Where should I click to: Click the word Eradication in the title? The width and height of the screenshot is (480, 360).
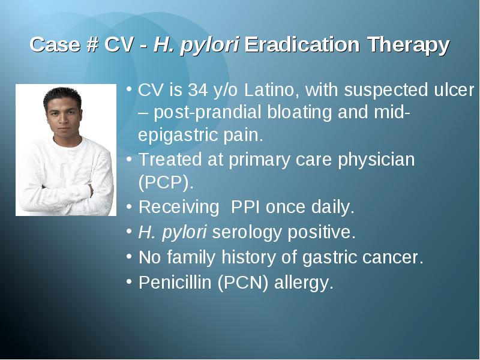(302, 44)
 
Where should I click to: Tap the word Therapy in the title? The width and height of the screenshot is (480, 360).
(409, 46)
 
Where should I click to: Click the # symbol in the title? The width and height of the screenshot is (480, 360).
(92, 44)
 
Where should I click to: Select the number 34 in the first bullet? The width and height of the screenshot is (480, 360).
(197, 89)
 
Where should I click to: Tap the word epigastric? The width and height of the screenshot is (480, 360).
(178, 136)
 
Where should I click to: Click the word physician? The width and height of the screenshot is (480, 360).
(376, 160)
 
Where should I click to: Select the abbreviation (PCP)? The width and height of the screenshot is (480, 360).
(166, 183)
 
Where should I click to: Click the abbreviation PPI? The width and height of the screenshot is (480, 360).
(245, 207)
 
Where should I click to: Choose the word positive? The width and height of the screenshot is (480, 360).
(322, 232)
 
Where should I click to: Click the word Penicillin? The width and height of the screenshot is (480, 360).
(175, 282)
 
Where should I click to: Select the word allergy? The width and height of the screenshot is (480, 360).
(304, 283)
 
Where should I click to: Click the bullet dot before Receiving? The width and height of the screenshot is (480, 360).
(129, 206)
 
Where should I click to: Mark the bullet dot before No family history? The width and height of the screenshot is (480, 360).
(129, 256)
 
